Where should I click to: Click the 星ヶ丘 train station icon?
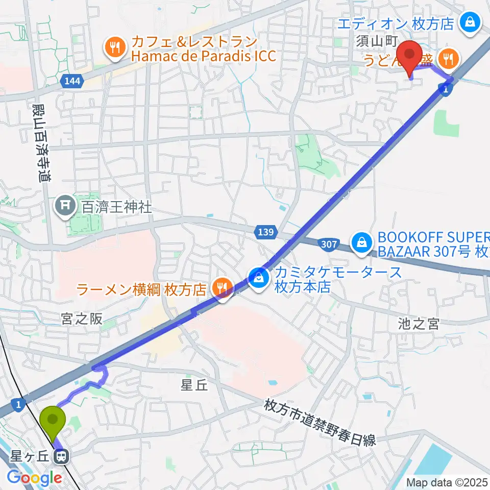click(63, 456)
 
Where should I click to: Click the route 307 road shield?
click(329, 244)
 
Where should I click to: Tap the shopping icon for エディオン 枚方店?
click(469, 22)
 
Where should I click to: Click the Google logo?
click(34, 478)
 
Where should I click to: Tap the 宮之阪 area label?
click(82, 320)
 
